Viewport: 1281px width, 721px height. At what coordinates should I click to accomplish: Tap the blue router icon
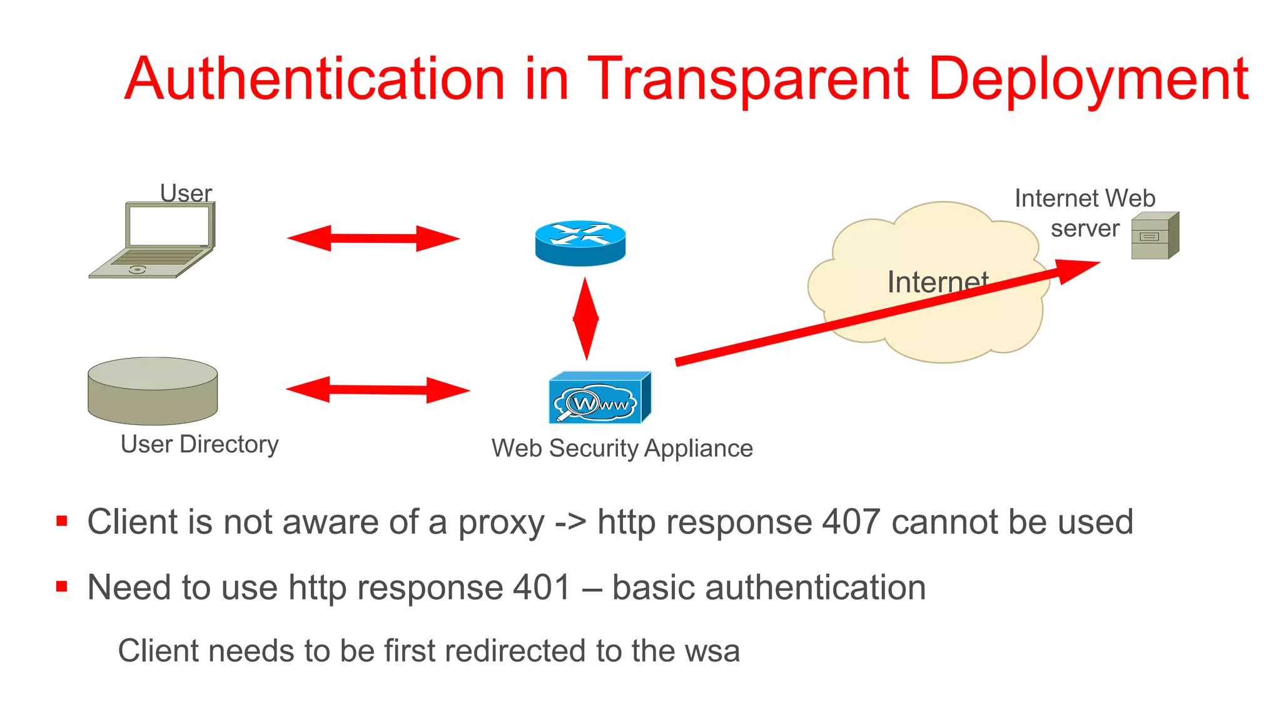(x=580, y=243)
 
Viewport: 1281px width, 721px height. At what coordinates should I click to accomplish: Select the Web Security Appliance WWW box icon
(x=599, y=399)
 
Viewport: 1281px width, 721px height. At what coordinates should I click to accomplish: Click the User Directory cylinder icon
(x=153, y=391)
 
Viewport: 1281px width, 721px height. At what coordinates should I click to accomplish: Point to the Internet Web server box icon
(x=1154, y=236)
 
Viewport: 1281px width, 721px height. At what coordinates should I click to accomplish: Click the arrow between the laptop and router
(x=373, y=238)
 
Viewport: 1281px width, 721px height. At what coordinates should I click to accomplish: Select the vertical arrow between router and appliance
(x=586, y=319)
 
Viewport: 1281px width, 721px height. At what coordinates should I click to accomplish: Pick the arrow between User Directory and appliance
(x=378, y=390)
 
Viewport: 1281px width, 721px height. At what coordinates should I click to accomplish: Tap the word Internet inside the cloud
(x=937, y=282)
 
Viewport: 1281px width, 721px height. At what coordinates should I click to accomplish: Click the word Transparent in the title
(x=748, y=79)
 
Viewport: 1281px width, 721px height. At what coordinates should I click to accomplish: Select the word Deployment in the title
(x=1088, y=79)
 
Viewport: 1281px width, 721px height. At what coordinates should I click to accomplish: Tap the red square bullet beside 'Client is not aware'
(x=61, y=521)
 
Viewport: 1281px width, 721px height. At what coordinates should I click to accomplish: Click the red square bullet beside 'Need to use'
(x=61, y=586)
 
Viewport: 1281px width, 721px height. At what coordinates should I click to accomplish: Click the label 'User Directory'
(x=200, y=444)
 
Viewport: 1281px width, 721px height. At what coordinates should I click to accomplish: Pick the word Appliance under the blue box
(x=698, y=449)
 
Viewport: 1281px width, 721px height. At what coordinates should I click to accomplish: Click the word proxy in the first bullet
(x=501, y=523)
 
